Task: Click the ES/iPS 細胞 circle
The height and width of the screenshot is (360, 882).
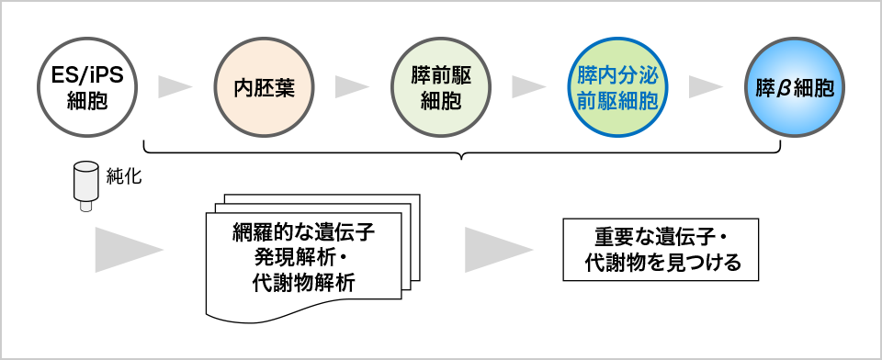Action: pyautogui.click(x=88, y=87)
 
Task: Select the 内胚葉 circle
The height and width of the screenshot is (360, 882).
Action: pyautogui.click(x=265, y=87)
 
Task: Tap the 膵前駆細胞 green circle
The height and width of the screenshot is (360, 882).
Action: pyautogui.click(x=440, y=87)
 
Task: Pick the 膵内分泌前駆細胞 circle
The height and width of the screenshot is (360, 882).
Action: pyautogui.click(x=617, y=87)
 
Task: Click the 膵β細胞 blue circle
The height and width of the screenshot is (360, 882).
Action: pyautogui.click(x=794, y=87)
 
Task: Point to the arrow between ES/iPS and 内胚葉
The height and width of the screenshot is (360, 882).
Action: pyautogui.click(x=175, y=87)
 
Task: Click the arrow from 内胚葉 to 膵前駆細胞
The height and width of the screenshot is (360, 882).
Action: pyautogui.click(x=352, y=87)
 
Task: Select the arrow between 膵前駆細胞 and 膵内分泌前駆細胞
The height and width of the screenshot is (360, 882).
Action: pyautogui.click(x=528, y=87)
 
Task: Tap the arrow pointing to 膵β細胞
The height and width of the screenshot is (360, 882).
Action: pyautogui.click(x=706, y=87)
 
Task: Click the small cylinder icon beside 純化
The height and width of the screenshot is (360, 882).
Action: pyautogui.click(x=86, y=185)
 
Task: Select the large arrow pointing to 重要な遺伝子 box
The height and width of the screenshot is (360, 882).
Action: pyautogui.click(x=497, y=249)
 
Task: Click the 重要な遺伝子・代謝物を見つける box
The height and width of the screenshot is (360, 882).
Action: pyautogui.click(x=661, y=249)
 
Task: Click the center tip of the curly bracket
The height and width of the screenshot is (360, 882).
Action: pyautogui.click(x=463, y=157)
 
